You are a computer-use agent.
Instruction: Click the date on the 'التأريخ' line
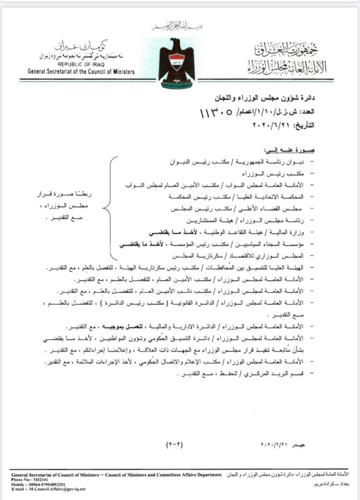pos(273,125)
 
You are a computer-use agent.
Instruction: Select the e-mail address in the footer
pos(57,489)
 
